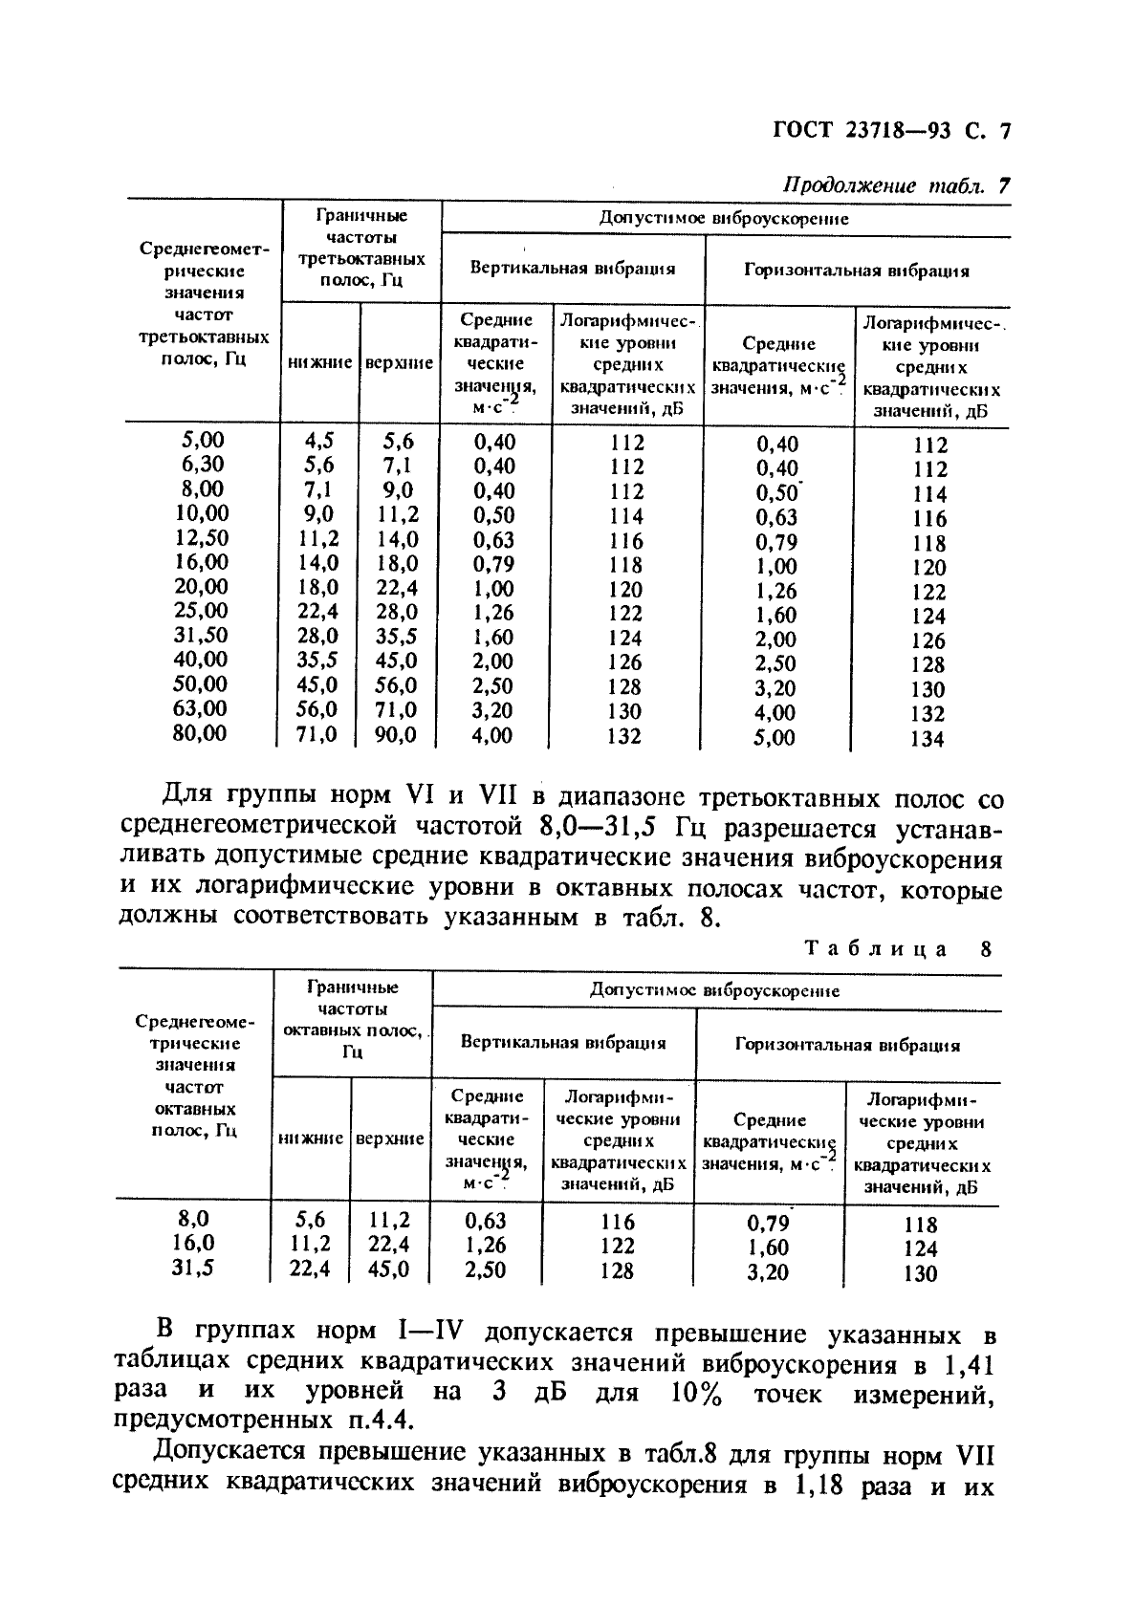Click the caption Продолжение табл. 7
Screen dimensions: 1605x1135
(895, 186)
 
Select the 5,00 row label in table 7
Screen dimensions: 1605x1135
(203, 440)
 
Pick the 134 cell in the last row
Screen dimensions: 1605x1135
(927, 738)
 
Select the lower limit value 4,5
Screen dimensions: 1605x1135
(319, 441)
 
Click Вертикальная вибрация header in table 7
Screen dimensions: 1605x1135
(572, 269)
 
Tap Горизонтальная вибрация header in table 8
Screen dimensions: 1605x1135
(846, 1045)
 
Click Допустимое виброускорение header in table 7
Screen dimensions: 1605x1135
(724, 218)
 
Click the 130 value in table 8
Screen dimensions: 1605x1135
(919, 1273)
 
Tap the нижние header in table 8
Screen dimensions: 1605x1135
(311, 1139)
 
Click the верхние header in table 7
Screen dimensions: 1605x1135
(399, 363)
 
